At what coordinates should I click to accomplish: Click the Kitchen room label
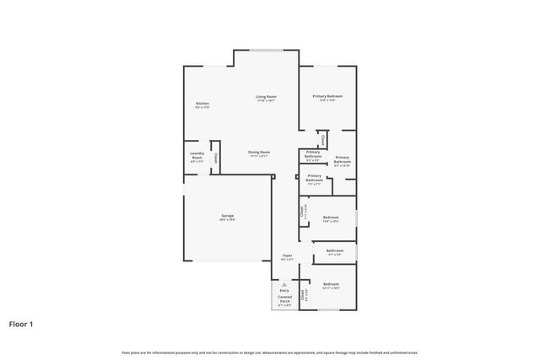coord(202,103)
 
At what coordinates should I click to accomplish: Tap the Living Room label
coord(267,97)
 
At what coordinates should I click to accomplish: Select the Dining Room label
coord(259,152)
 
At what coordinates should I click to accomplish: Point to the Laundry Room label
coord(197,154)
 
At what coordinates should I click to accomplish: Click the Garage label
coord(228,216)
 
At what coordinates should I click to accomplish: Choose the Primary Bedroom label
coord(327,97)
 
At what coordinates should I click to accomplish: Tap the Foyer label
coord(287,255)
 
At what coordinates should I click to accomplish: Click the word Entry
coord(283,291)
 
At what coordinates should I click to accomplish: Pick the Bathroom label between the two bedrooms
coord(334,250)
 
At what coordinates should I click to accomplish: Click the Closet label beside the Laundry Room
coord(216,157)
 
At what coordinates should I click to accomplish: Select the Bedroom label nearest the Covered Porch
coord(331,284)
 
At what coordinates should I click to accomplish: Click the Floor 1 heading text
coord(21,323)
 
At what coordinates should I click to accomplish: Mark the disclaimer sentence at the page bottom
coord(270,352)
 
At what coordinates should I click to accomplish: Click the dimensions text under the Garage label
coord(228,220)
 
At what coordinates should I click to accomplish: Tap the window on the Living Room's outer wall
coord(266,50)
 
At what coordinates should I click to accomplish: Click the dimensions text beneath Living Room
coord(267,101)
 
